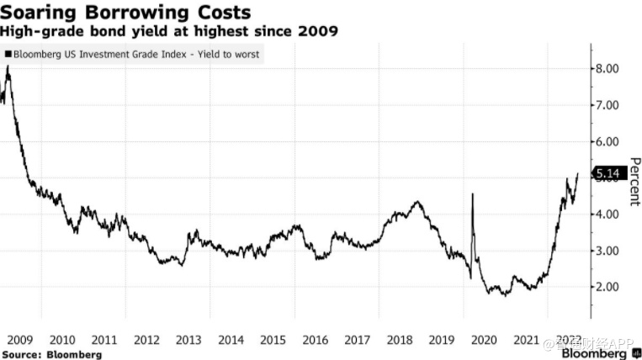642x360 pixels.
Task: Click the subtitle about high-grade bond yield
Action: [169, 32]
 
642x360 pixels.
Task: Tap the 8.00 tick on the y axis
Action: [608, 68]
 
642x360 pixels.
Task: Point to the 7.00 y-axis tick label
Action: [608, 105]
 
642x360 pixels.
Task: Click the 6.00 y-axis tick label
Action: [608, 141]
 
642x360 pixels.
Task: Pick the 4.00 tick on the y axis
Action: [608, 214]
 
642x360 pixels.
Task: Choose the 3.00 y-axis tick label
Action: [608, 251]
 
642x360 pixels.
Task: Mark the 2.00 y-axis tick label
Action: [608, 287]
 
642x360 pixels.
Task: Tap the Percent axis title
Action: [634, 181]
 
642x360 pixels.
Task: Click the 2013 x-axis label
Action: [188, 340]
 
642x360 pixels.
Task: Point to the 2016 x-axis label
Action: [316, 340]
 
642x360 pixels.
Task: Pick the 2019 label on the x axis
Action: [443, 340]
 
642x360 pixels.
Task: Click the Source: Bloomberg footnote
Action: [51, 354]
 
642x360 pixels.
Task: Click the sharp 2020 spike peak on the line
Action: [472, 195]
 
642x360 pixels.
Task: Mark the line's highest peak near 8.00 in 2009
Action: [8, 66]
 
